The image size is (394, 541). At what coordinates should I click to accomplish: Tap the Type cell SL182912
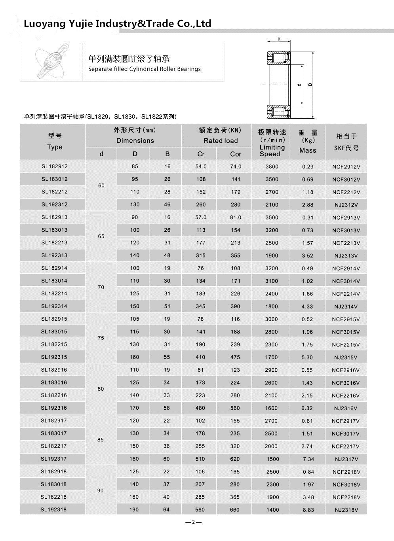coord(55,166)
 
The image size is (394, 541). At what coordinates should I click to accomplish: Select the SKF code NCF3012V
coord(346,180)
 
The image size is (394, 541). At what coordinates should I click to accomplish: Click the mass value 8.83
coord(308,510)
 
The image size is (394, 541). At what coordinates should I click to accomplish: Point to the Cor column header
coord(236,154)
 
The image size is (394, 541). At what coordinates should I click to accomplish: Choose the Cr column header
coord(201,154)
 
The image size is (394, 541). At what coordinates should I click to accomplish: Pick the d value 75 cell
coord(101,338)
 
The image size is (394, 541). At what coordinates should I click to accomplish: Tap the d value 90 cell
coord(101,491)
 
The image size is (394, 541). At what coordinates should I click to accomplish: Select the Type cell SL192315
coord(54,357)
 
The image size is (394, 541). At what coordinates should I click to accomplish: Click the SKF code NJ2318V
coord(346,510)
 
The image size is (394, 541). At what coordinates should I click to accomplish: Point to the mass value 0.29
coord(308,167)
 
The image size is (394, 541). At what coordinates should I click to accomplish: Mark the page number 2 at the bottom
coord(193,522)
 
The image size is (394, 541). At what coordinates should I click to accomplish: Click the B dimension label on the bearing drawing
coord(279,39)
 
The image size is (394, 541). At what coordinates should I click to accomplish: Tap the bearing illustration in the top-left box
coord(51,62)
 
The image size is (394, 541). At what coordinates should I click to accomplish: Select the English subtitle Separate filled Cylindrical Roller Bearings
coord(144,69)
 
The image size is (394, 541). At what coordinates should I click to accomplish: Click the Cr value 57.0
coord(201,218)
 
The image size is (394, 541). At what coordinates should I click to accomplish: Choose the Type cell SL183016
coord(54,383)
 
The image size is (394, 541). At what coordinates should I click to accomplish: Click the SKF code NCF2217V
coord(346,446)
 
